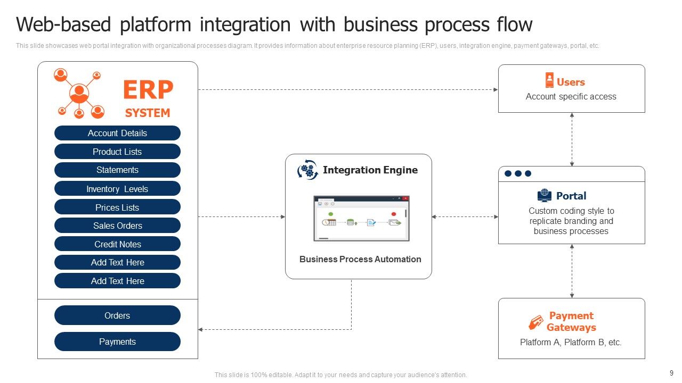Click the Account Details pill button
click(117, 133)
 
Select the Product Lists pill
click(117, 152)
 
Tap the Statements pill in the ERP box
click(117, 170)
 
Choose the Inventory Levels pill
click(117, 189)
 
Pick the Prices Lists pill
click(117, 207)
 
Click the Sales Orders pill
click(117, 226)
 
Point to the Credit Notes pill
click(117, 244)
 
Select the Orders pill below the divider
click(117, 315)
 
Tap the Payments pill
click(117, 342)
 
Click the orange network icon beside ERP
click(79, 94)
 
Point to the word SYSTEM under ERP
click(148, 113)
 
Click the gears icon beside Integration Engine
click(307, 170)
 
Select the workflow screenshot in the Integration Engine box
click(361, 218)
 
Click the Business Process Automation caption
click(360, 260)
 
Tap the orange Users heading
click(571, 82)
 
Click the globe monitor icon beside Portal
click(545, 196)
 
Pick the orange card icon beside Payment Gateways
click(535, 322)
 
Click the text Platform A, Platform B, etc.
click(571, 343)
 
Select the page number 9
click(671, 373)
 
